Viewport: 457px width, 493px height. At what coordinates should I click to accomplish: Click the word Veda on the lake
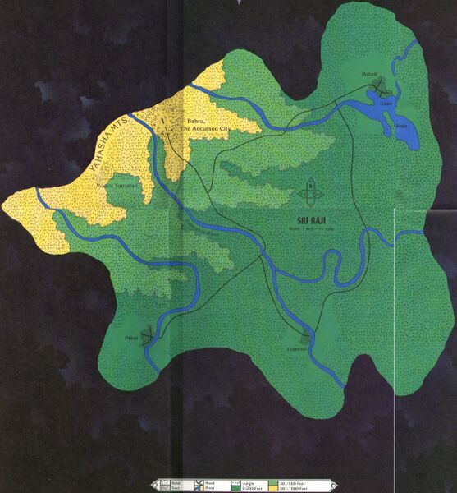pyautogui.click(x=401, y=125)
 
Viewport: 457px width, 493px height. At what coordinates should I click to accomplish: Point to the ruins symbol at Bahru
pyautogui.click(x=171, y=123)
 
